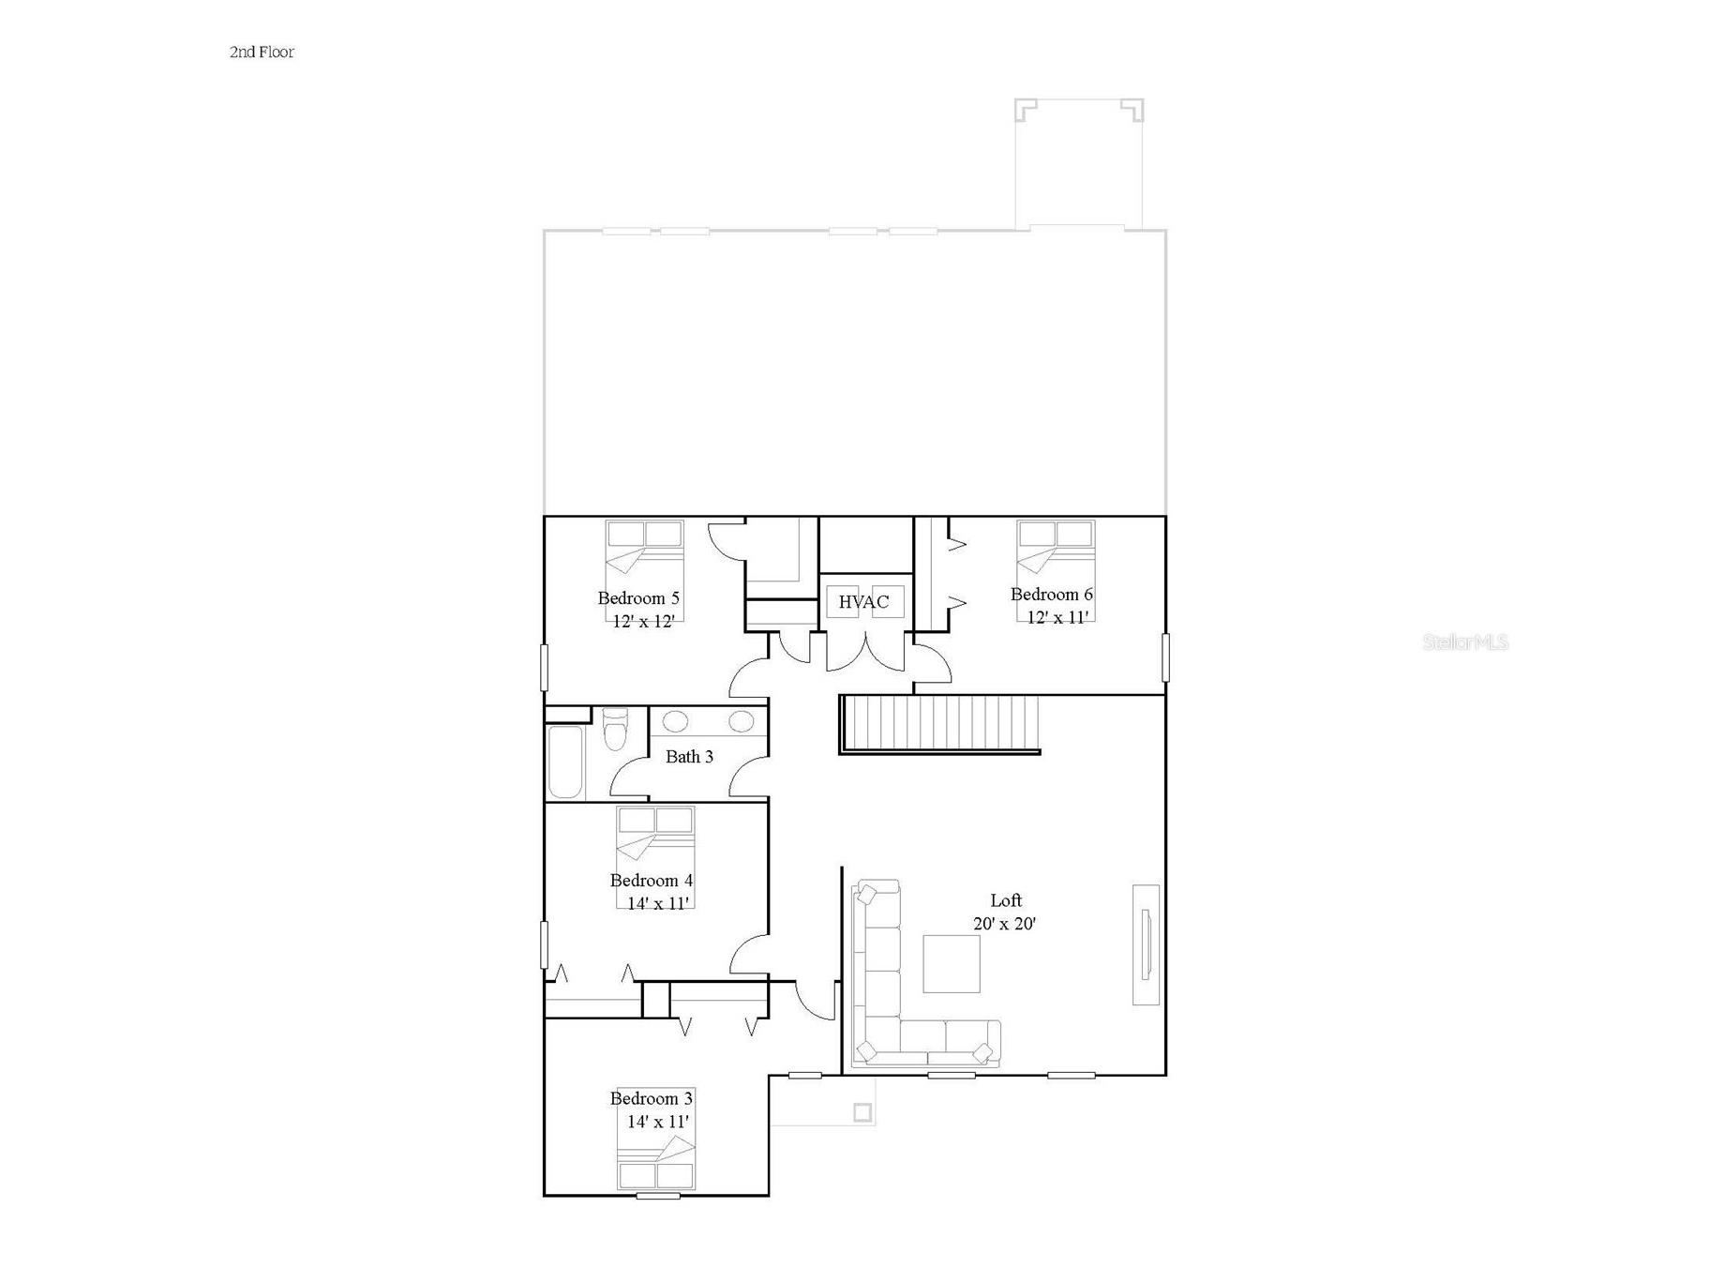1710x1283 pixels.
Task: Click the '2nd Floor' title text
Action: coord(262,53)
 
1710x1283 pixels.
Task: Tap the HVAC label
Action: coord(862,602)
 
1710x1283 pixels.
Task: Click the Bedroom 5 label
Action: coord(638,598)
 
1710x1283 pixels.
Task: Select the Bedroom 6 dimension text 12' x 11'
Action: coord(1057,618)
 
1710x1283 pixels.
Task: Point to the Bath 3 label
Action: coord(689,757)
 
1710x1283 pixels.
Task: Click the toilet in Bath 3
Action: coord(615,730)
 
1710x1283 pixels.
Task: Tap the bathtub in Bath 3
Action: coord(565,762)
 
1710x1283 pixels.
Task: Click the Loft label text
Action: coord(1005,900)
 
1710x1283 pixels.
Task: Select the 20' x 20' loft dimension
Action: coord(1004,924)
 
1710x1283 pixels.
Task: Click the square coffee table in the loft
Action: coord(951,963)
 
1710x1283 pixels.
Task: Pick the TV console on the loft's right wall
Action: coord(1146,944)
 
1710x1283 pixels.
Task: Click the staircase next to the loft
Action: coord(940,723)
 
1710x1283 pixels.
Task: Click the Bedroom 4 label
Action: coord(651,881)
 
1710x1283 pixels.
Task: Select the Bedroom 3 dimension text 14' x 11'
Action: coord(657,1122)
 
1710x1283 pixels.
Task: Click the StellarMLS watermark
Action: coord(1464,642)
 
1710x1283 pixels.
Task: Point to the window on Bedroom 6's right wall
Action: coord(1165,657)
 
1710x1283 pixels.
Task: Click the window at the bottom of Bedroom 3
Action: coord(658,1196)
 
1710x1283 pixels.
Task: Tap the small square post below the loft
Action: coord(862,1113)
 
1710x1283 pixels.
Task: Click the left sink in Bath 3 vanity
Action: coord(675,721)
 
